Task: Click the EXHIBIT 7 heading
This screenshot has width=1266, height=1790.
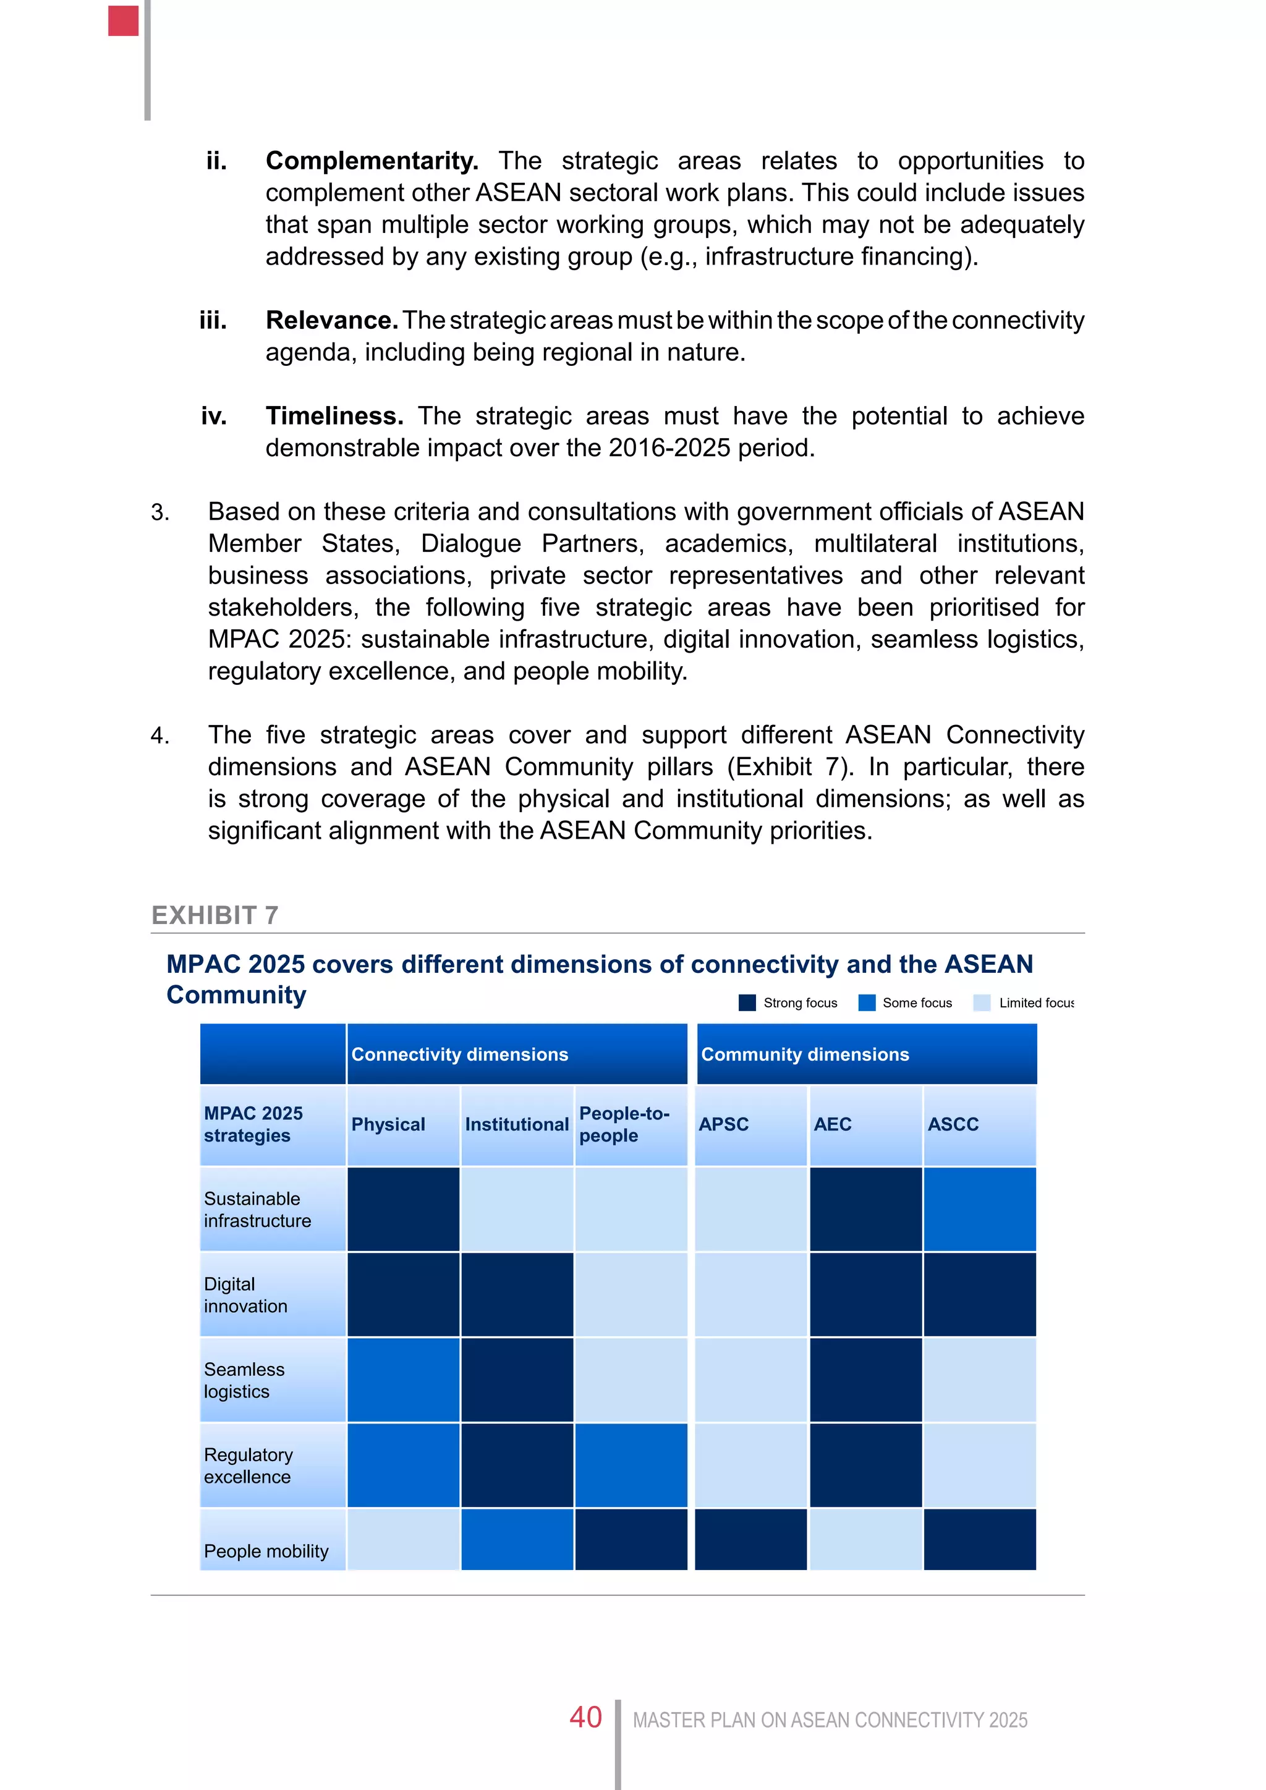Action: (215, 915)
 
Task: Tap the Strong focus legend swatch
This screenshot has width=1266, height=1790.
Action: (747, 1003)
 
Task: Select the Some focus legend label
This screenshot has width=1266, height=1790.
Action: (917, 1003)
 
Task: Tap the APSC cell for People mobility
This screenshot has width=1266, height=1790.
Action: (750, 1539)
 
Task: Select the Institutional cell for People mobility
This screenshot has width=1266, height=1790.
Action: (517, 1539)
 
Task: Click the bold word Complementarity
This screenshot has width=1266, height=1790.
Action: (371, 161)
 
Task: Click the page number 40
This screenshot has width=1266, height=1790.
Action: (585, 1718)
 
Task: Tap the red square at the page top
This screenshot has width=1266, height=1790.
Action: (123, 21)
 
